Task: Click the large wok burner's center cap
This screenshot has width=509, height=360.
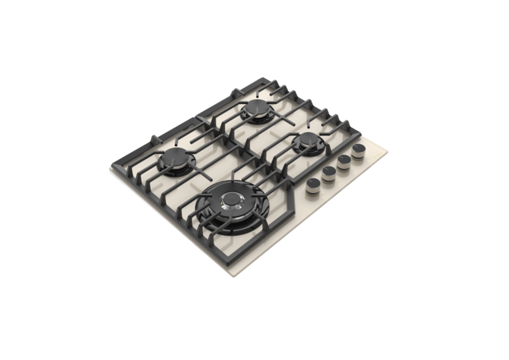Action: (232, 200)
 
